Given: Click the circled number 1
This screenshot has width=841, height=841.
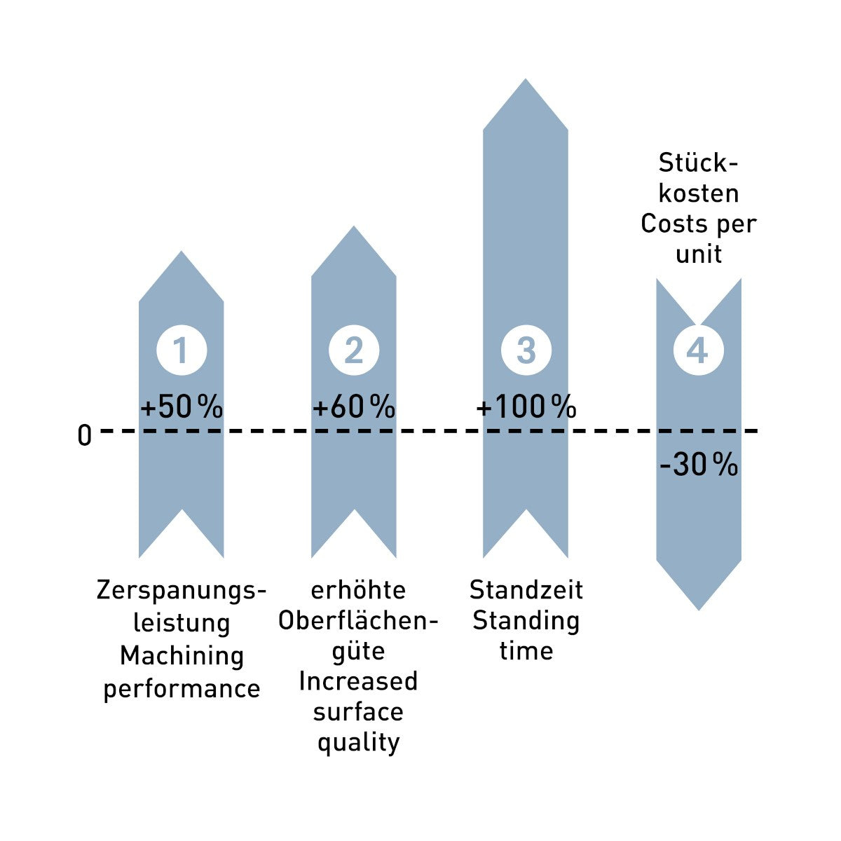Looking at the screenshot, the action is [182, 350].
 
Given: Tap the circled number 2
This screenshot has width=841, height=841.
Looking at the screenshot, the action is [353, 350].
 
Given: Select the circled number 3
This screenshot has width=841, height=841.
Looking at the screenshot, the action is [526, 350].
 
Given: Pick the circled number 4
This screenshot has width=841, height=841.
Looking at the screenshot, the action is [698, 350].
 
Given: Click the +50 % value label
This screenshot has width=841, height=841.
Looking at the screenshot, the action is [182, 406].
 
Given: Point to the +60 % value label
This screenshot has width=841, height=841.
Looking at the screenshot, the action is [354, 406].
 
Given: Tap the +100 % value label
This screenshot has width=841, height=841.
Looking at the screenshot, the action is [526, 406].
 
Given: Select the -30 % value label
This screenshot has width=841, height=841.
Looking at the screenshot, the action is [699, 464].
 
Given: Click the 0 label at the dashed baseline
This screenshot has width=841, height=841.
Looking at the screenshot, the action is [85, 435].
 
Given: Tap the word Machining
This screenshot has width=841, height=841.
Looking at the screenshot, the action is [182, 657].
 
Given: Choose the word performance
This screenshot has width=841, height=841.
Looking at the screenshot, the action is [182, 690].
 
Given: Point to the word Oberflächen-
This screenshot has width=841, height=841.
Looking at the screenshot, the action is [358, 620].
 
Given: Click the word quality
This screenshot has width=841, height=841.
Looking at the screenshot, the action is [358, 742].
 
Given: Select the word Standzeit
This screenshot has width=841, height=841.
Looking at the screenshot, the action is [526, 589].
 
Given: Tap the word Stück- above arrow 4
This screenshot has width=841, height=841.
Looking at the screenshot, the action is [698, 163].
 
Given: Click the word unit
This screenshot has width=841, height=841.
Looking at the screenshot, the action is [699, 254].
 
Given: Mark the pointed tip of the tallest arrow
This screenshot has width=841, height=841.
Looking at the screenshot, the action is [526, 79].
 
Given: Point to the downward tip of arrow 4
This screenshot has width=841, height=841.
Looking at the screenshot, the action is [699, 610].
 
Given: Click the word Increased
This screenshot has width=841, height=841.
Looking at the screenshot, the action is [358, 681].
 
